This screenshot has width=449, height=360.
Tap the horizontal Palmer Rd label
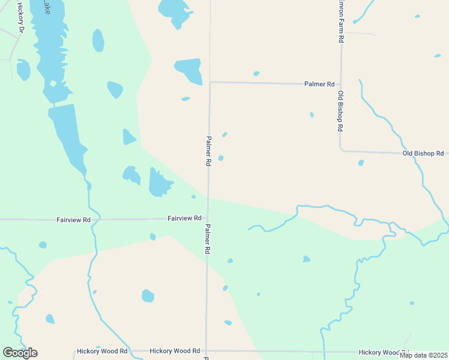click(319, 85)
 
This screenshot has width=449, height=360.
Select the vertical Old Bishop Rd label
click(340, 112)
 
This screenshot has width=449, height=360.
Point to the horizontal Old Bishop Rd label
click(423, 154)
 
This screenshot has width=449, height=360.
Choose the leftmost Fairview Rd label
click(73, 220)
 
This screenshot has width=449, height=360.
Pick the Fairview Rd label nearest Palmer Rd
click(184, 218)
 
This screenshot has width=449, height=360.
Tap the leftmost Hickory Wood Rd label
click(102, 351)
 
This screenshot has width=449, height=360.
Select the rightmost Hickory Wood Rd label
click(384, 353)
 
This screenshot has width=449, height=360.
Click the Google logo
click(20, 353)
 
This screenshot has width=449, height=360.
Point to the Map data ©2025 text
click(423, 355)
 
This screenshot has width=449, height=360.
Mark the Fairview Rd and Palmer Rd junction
click(208, 219)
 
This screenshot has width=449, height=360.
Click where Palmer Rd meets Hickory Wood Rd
click(206, 350)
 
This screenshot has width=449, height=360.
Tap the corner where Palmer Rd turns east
click(209, 83)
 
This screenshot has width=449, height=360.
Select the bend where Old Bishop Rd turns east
click(341, 150)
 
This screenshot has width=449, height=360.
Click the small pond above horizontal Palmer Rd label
click(256, 74)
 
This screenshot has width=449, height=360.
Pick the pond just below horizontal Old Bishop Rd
click(361, 163)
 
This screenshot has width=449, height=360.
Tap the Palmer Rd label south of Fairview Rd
click(207, 238)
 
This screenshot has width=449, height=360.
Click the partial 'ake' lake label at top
click(45, 7)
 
